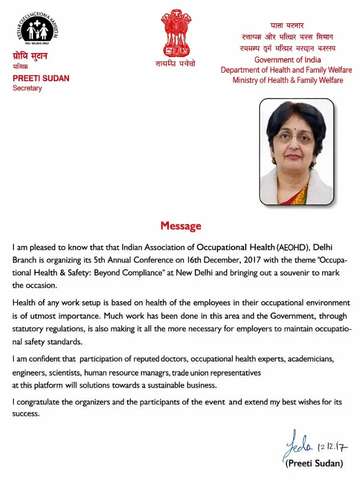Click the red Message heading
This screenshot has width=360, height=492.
[181, 226]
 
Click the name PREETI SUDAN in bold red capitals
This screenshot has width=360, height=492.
[41, 78]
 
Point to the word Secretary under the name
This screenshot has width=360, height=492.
[27, 88]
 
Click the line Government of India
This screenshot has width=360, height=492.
[288, 60]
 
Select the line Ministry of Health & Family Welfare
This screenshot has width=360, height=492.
[288, 80]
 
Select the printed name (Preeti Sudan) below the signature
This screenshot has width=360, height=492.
[314, 464]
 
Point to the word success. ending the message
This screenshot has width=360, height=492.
[26, 414]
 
